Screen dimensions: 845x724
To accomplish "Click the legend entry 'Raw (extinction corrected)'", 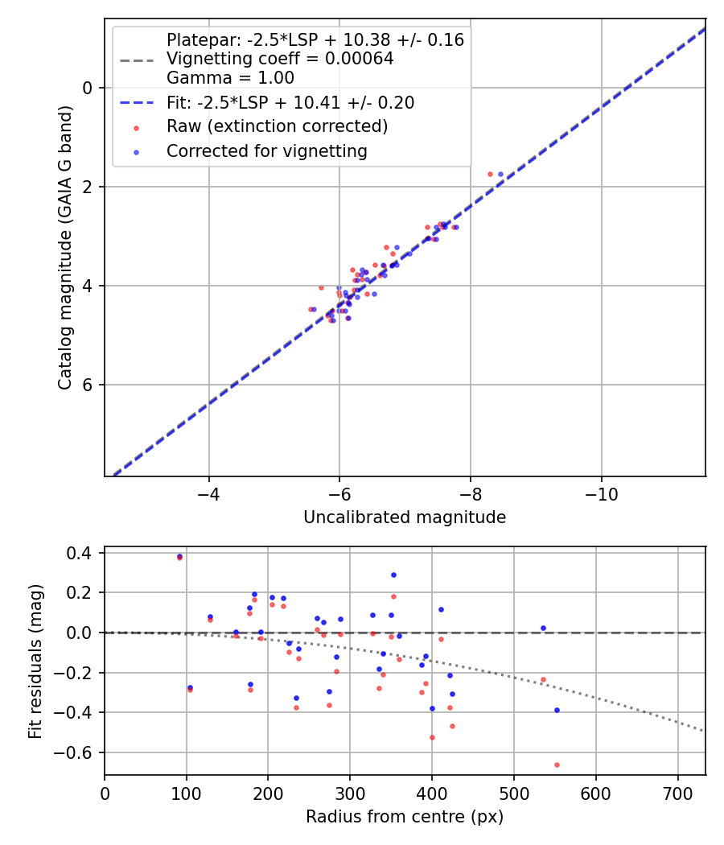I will pyautogui.click(x=277, y=126).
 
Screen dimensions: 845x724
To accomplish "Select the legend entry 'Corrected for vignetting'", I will pyautogui.click(x=266, y=150).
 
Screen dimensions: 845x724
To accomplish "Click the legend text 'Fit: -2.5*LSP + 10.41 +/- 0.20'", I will pyautogui.click(x=290, y=102).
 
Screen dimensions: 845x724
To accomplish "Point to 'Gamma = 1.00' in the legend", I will pyautogui.click(x=230, y=78).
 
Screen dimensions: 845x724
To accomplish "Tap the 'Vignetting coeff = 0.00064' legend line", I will pyautogui.click(x=280, y=59).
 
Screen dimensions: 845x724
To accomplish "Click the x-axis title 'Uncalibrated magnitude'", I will pyautogui.click(x=405, y=517).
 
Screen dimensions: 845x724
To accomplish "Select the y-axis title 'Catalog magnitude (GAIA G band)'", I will pyautogui.click(x=65, y=248).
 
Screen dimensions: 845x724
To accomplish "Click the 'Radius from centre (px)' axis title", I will pyautogui.click(x=405, y=817).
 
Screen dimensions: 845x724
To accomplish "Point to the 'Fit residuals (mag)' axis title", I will pyautogui.click(x=35, y=662).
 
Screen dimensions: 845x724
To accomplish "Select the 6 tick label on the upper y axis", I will pyautogui.click(x=88, y=385).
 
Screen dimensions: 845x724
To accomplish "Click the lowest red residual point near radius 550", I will pyautogui.click(x=557, y=765).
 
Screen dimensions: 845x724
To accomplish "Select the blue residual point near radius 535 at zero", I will pyautogui.click(x=543, y=628).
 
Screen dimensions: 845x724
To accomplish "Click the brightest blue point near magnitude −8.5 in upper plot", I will pyautogui.click(x=500, y=174).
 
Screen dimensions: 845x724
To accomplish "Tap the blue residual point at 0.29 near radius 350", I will pyautogui.click(x=393, y=575).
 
